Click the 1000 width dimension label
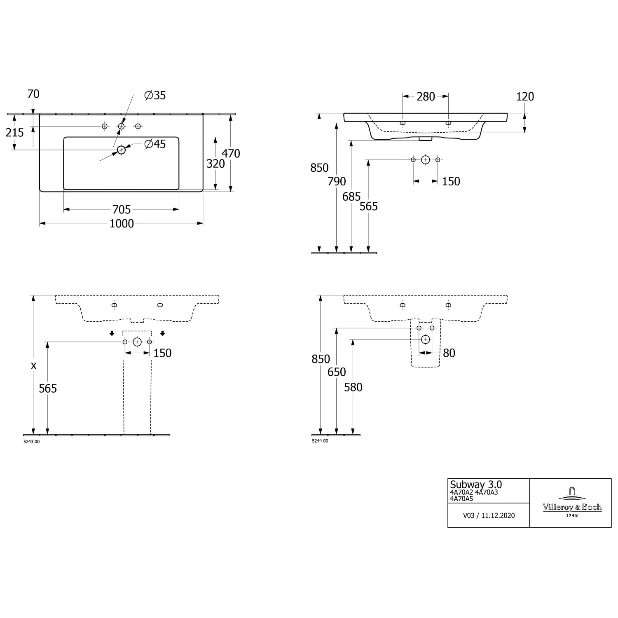point(122,224)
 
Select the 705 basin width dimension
point(122,210)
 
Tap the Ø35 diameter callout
point(155,95)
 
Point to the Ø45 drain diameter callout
point(155,144)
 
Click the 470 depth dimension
point(231,153)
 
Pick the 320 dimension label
point(215,164)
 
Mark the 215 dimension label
point(15,132)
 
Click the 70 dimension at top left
point(33,94)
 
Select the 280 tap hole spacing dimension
point(426,96)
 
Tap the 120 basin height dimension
point(525,96)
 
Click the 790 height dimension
point(337,181)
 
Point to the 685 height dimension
point(351,197)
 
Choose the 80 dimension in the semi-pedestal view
point(449,353)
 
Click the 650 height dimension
point(337,372)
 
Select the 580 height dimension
point(353,387)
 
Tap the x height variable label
point(34,365)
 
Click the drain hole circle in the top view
point(121,150)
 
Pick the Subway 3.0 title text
point(476,485)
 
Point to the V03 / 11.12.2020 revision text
point(489,515)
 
